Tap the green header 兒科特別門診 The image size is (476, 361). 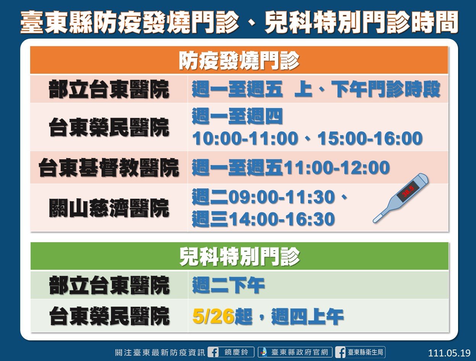point(240,257)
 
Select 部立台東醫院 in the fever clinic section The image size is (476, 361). point(109,89)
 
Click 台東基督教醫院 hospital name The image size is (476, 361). point(109,167)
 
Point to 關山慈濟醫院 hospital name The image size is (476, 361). point(109,208)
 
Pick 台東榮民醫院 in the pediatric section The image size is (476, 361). point(109,316)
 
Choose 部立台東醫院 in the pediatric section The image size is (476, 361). point(109,285)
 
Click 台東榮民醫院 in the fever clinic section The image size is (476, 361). point(109,127)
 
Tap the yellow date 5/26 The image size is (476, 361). point(213,316)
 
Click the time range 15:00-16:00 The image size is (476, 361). point(370,138)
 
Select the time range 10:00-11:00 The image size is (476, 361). point(245,138)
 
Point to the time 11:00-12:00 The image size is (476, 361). point(337,167)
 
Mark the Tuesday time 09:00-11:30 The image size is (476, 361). point(281,197)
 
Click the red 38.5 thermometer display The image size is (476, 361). point(408,191)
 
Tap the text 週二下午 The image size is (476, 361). point(228,285)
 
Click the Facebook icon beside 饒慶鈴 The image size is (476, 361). point(213,352)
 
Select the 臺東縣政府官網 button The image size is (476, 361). point(295,352)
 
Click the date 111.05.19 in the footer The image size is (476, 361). point(449,353)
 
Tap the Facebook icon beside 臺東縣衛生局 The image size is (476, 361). point(340,352)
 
